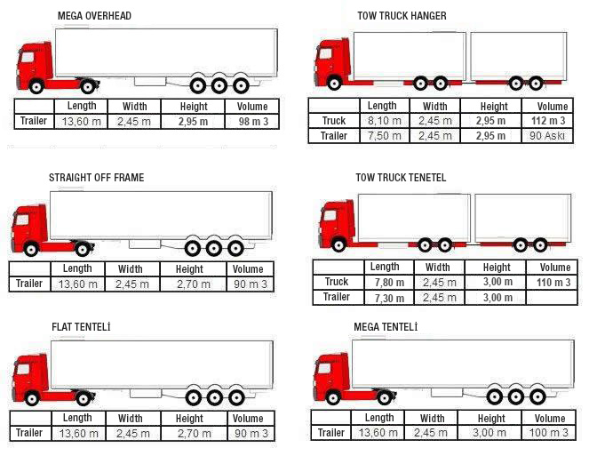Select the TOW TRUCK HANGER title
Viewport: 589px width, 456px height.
click(x=402, y=16)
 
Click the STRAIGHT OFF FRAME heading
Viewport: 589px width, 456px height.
click(x=96, y=178)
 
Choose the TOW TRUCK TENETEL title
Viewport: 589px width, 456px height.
click(x=401, y=178)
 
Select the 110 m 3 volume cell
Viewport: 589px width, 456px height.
click(x=553, y=283)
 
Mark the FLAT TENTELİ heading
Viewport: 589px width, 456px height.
click(x=81, y=327)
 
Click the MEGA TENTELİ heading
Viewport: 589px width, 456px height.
click(x=386, y=327)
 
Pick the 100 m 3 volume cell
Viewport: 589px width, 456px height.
click(x=551, y=433)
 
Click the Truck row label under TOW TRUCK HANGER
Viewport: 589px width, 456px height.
click(x=333, y=121)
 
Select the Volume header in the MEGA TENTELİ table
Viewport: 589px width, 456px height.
click(x=551, y=418)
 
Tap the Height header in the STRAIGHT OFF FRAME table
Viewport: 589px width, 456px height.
click(x=189, y=269)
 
